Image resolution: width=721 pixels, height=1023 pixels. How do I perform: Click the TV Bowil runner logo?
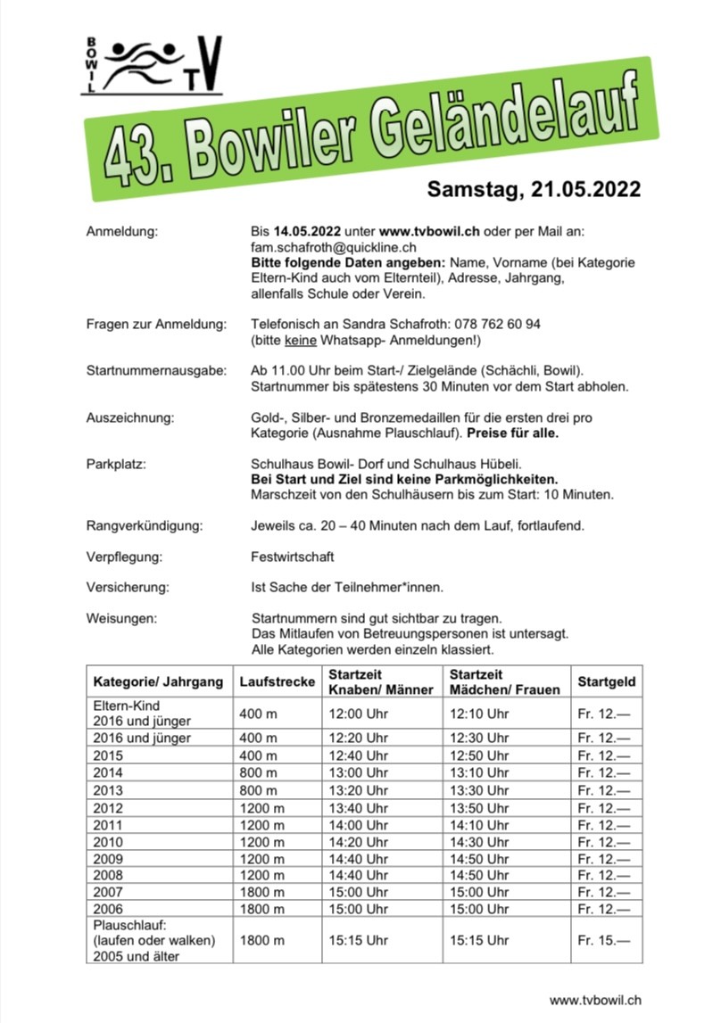click(154, 64)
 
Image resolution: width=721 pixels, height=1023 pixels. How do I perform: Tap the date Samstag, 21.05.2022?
click(534, 189)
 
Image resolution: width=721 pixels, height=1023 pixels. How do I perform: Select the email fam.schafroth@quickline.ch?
click(335, 246)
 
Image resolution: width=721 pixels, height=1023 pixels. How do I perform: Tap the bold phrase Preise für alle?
click(520, 433)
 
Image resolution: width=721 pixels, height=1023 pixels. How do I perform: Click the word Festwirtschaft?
click(293, 557)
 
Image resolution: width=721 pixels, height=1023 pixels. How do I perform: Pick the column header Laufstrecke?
click(277, 682)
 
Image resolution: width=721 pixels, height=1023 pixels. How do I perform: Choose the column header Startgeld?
click(607, 682)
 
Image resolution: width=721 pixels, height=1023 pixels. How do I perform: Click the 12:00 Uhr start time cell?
click(359, 714)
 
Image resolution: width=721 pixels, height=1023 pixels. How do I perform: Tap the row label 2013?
click(108, 790)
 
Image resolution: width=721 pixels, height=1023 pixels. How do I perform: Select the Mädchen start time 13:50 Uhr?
click(479, 807)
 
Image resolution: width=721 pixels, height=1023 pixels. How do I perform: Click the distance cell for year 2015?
click(258, 755)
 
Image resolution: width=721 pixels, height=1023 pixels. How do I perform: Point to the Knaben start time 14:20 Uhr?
click(359, 841)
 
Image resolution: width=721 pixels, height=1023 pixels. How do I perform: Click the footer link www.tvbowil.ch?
click(595, 1000)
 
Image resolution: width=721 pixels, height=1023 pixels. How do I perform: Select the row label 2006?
click(108, 909)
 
